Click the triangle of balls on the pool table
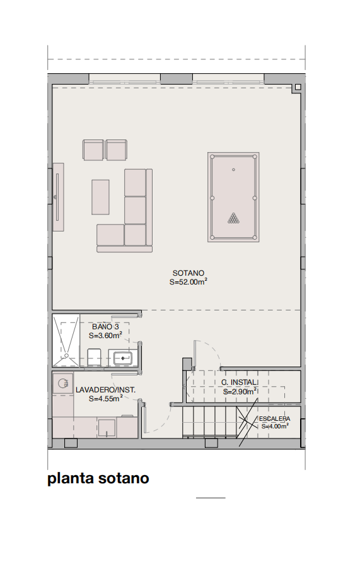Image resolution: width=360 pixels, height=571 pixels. click(x=234, y=218)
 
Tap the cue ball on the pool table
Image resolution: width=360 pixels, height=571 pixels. click(x=234, y=169)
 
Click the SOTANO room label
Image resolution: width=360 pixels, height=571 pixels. click(x=188, y=273)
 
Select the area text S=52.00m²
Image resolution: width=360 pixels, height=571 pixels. click(x=188, y=281)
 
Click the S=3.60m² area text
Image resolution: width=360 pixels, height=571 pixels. click(x=105, y=336)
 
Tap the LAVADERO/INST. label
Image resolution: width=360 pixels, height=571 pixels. click(x=105, y=390)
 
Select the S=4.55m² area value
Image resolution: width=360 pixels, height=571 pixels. click(x=105, y=399)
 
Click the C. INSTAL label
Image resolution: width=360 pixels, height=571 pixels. click(x=240, y=382)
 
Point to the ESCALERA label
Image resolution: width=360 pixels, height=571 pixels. click(x=274, y=419)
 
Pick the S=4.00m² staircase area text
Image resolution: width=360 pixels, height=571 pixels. click(x=275, y=427)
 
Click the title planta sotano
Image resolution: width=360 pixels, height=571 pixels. click(x=98, y=478)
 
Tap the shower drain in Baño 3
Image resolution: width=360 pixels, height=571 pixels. click(x=66, y=355)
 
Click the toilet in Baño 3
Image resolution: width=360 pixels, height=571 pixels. click(x=95, y=357)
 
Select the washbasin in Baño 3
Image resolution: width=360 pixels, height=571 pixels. click(x=123, y=358)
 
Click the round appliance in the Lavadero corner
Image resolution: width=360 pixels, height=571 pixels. click(x=62, y=383)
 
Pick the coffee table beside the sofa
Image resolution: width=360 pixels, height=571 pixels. click(x=100, y=197)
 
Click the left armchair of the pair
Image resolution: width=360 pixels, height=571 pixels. click(x=93, y=150)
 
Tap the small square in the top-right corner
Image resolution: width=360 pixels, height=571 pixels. click(x=298, y=87)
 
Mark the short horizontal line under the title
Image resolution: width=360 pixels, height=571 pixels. click(x=211, y=497)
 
